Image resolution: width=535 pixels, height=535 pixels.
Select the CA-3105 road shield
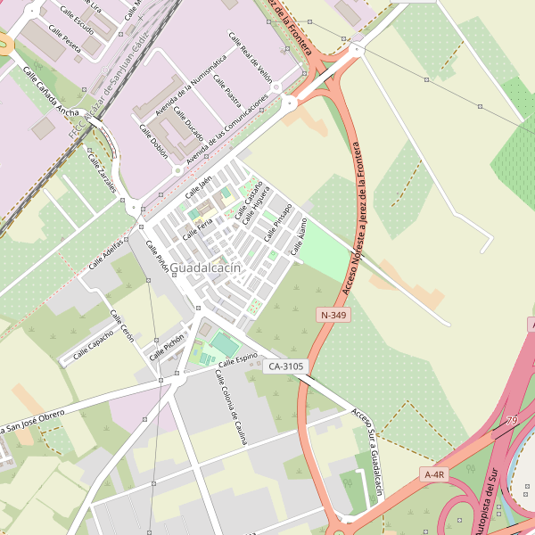click(286, 366)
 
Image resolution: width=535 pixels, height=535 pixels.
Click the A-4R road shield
click(434, 474)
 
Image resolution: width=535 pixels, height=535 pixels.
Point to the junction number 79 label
click(511, 420)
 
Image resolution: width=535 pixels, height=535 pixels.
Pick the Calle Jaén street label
click(199, 187)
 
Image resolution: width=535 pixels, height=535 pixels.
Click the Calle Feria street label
click(197, 227)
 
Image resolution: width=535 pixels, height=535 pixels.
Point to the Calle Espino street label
click(238, 359)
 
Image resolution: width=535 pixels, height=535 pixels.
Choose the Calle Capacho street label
click(94, 345)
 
